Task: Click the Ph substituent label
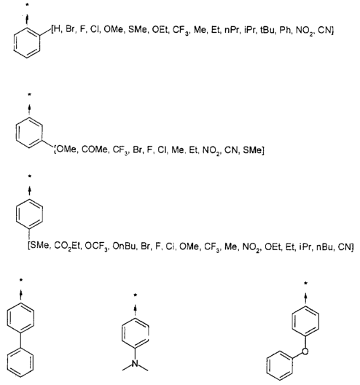285,30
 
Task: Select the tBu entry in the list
267,30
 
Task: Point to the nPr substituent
232,30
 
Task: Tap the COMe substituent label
94,149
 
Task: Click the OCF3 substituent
96,246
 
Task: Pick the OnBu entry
124,246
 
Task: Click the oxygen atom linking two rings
305,351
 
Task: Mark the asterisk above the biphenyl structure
21,280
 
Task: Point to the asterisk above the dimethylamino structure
135,295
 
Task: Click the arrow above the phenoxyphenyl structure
305,298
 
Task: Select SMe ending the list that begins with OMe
253,149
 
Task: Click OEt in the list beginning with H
160,30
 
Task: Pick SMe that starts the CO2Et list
40,246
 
